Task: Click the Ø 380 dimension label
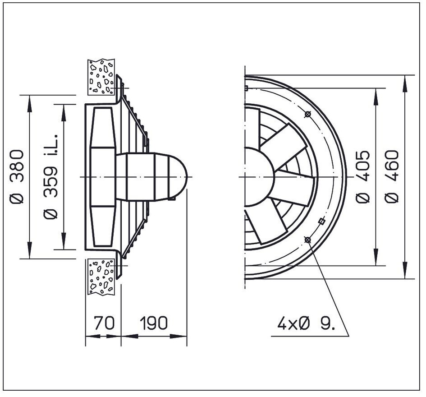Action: point(16,177)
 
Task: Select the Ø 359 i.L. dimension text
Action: point(50,177)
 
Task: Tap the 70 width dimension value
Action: point(104,323)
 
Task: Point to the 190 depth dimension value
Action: point(154,323)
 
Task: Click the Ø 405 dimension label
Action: point(363,177)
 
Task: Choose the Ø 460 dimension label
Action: point(392,177)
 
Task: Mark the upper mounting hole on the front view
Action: point(307,115)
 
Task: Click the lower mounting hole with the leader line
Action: point(307,240)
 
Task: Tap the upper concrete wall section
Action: point(101,77)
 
